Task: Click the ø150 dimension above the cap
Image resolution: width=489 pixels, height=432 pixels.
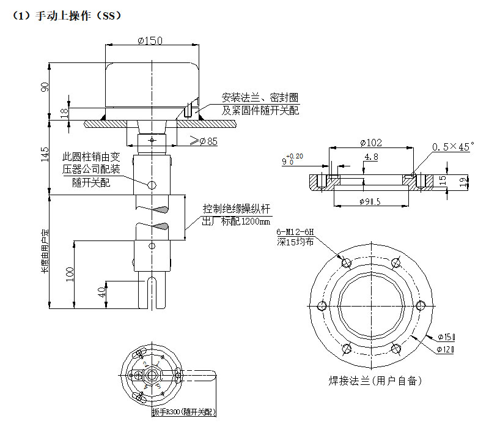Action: point(150,40)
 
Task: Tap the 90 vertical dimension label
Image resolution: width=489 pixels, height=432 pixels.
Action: point(45,86)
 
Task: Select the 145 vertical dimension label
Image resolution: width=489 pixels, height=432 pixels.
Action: point(45,157)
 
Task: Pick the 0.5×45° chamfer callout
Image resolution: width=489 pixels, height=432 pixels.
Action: point(453,147)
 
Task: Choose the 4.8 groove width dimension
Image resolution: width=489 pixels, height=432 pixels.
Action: point(370,157)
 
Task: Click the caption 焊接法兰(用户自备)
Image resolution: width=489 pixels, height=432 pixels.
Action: point(375,381)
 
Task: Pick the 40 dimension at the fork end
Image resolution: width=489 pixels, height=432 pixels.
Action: point(102,292)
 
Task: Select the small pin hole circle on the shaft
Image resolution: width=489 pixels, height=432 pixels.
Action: point(150,184)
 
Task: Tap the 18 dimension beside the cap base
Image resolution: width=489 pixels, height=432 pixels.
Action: point(64,112)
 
